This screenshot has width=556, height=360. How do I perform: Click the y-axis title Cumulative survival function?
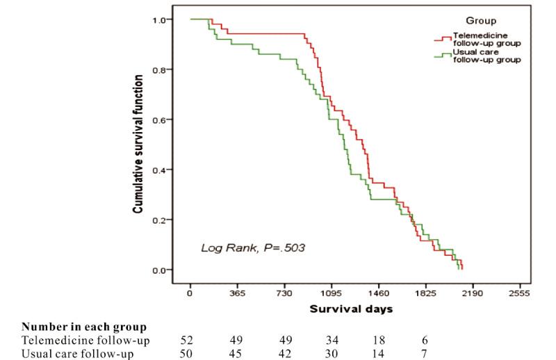[x=138, y=144]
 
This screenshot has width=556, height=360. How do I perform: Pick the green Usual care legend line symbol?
[x=441, y=56]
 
